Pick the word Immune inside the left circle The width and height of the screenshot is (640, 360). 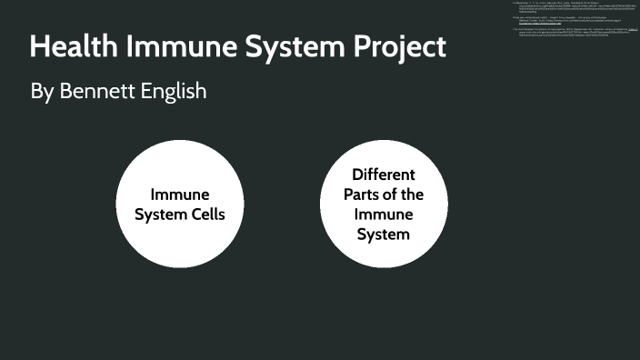(179, 195)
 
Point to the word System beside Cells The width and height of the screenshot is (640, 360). (157, 215)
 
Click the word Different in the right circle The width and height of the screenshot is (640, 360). (383, 174)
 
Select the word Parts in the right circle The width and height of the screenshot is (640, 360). (361, 195)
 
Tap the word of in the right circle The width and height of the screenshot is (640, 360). (393, 195)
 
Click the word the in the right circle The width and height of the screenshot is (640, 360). (414, 195)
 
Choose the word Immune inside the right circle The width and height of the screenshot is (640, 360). (383, 215)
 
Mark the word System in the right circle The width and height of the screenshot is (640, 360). (383, 235)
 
